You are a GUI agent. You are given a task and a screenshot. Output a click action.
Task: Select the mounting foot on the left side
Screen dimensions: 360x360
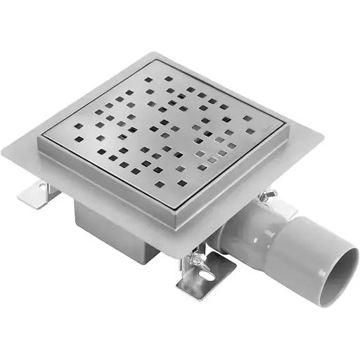tap(35, 195)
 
